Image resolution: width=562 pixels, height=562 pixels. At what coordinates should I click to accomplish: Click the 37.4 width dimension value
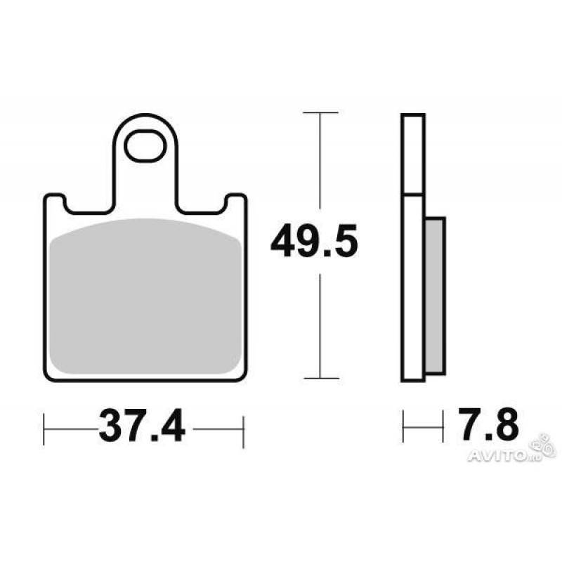click(142, 426)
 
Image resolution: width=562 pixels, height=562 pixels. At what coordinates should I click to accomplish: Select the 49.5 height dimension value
click(314, 240)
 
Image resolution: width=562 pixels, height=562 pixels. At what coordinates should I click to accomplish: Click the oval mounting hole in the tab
click(145, 146)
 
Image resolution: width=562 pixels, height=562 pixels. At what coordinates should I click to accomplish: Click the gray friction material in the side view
click(435, 296)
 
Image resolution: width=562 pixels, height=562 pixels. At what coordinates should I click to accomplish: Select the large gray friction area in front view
click(145, 296)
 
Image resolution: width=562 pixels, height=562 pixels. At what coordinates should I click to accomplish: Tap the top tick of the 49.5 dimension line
click(320, 112)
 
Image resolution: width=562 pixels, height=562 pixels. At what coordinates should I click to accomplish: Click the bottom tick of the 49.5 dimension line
click(321, 378)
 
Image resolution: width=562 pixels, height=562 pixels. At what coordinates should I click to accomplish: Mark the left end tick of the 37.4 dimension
click(44, 429)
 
